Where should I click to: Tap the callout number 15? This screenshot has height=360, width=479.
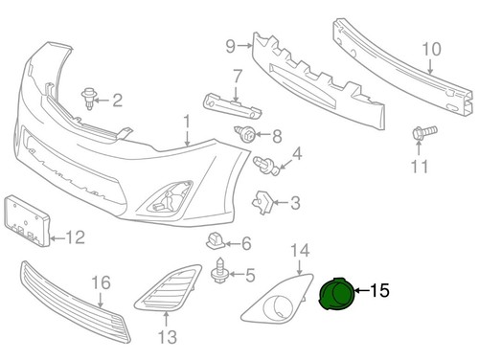pyautogui.click(x=380, y=289)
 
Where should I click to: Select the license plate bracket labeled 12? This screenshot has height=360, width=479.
pyautogui.click(x=26, y=219)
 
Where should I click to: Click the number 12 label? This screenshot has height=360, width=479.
pyautogui.click(x=75, y=235)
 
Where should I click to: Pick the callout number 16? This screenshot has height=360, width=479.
pyautogui.click(x=101, y=282)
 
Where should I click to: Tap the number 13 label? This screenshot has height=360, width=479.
pyautogui.click(x=168, y=336)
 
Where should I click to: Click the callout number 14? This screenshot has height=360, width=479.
pyautogui.click(x=300, y=251)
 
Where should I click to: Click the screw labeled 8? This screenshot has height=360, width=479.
pyautogui.click(x=247, y=135)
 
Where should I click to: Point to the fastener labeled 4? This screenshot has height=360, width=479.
pyautogui.click(x=269, y=166)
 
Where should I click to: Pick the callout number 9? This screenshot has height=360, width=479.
pyautogui.click(x=230, y=45)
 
